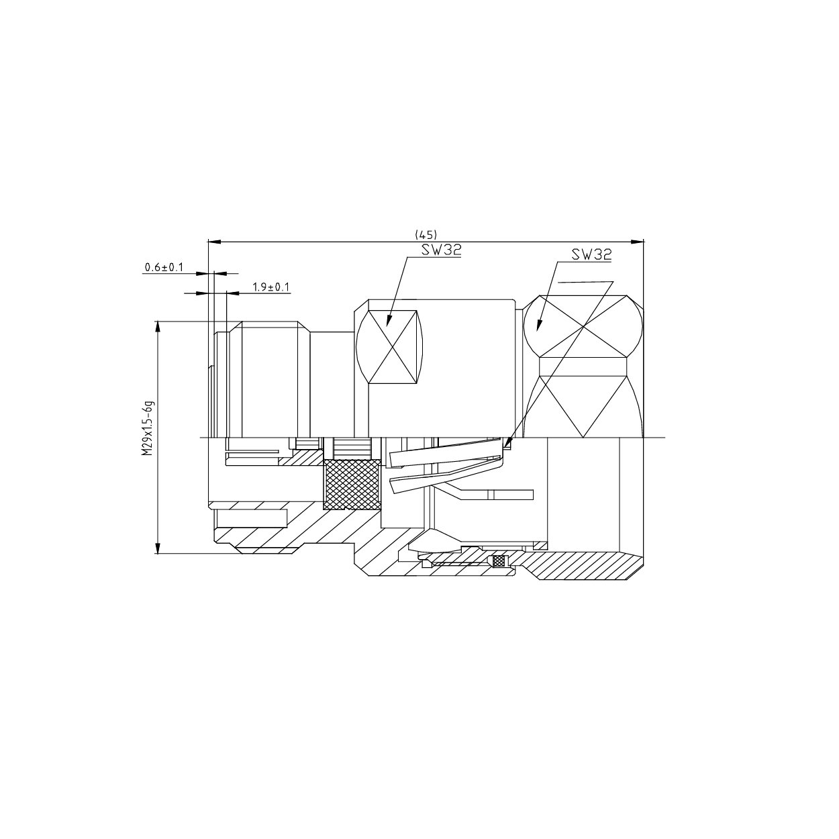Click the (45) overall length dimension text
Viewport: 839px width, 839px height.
coord(426,234)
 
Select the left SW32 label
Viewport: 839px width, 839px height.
coord(441,250)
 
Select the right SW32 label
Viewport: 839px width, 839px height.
coord(591,255)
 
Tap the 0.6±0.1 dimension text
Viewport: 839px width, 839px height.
coord(164,267)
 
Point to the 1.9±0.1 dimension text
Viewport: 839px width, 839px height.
coord(270,287)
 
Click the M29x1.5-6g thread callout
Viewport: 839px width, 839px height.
coord(148,428)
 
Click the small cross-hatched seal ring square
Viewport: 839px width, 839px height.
coord(499,560)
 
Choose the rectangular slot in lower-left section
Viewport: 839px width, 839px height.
coord(251,518)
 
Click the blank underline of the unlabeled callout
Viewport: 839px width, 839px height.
coord(584,281)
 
